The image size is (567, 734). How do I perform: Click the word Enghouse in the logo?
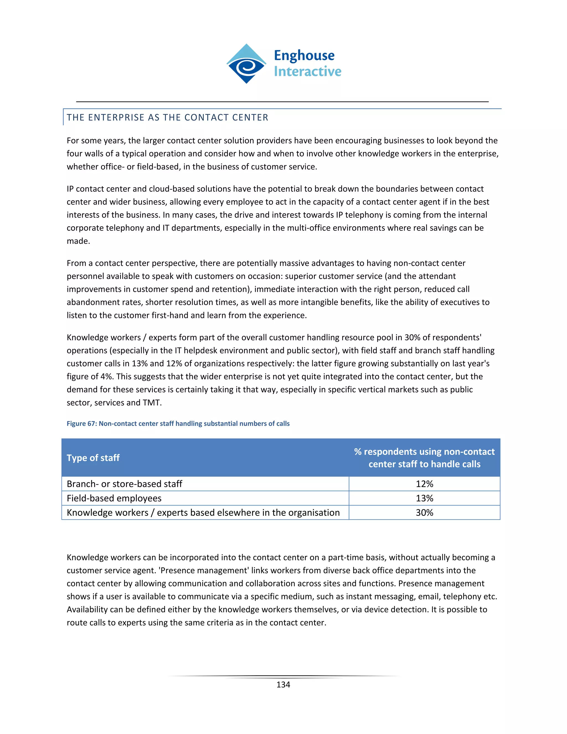tap(304, 55)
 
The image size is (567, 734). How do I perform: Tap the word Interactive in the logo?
tap(307, 71)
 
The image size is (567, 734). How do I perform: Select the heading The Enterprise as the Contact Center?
tap(167, 117)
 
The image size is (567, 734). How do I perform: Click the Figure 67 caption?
tap(178, 424)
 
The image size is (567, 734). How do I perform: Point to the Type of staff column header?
tap(93, 458)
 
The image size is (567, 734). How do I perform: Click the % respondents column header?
tap(424, 458)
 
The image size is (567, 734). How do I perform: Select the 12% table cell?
tap(424, 484)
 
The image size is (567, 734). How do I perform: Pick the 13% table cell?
tap(424, 498)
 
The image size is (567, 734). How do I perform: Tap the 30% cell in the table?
tap(424, 512)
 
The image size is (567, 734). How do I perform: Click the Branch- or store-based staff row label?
tap(124, 484)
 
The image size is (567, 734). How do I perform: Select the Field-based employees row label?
tap(114, 498)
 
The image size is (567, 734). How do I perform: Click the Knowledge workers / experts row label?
tap(203, 512)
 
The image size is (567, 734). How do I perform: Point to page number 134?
tap(283, 685)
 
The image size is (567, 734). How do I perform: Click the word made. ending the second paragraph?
tap(78, 241)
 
